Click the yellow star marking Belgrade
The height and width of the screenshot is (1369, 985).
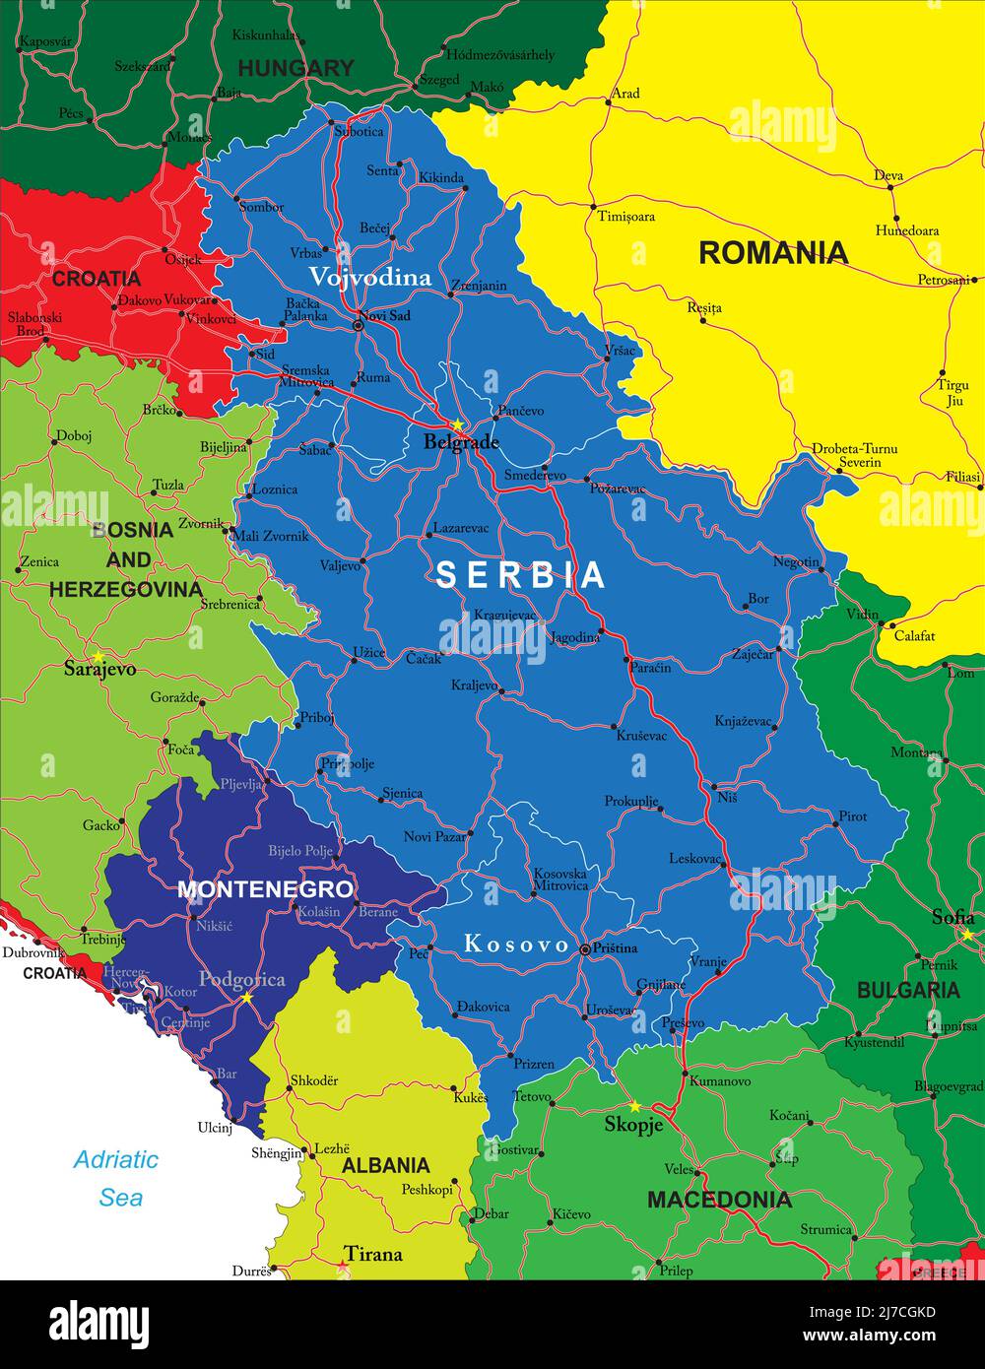457,425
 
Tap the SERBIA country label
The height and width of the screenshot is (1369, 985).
520,574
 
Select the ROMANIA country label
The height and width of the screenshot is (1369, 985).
773,253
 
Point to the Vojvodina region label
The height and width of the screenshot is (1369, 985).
370,278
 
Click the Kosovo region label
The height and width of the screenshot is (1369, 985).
516,945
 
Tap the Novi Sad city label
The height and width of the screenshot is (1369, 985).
384,316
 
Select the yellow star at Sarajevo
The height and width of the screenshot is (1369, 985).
97,655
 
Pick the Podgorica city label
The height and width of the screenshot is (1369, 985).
241,979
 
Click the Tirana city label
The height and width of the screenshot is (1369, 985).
374,1254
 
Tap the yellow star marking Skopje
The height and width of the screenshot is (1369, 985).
634,1106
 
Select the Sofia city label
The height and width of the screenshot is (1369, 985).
952,917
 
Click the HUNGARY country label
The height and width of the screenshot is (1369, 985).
295,68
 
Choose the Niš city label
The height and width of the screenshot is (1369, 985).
727,798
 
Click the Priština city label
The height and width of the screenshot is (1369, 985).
615,947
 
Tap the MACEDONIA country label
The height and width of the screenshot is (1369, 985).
719,1200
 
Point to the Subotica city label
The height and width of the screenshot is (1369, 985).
359,131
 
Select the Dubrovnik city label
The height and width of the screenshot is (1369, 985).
33,952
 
